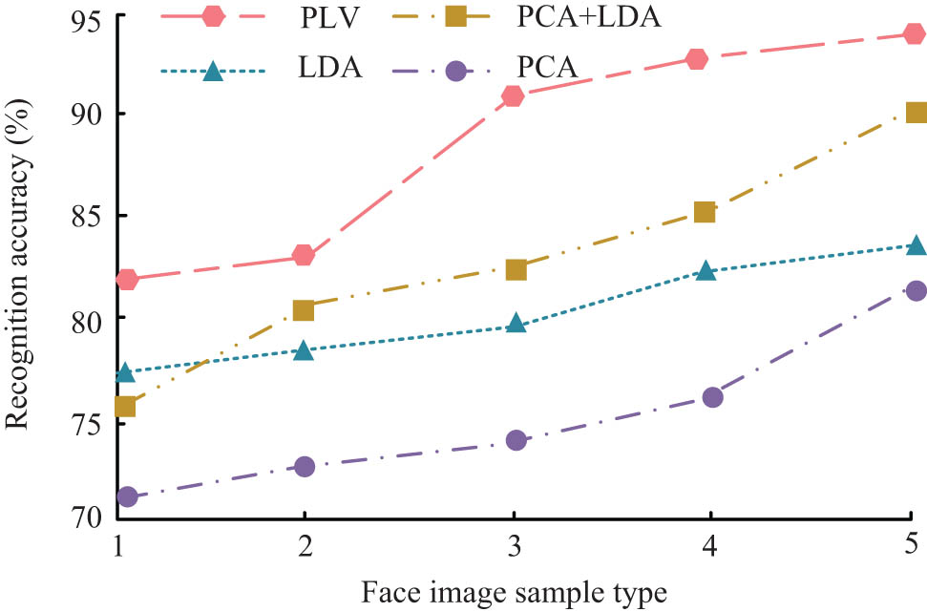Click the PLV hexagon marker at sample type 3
(x=513, y=95)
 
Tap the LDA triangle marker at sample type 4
(x=706, y=271)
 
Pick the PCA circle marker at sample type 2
(x=305, y=466)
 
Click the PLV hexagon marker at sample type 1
(x=127, y=279)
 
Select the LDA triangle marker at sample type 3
(x=516, y=325)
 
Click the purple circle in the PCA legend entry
(x=455, y=71)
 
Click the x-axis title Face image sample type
(x=513, y=592)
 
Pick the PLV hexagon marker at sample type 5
(x=915, y=34)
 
